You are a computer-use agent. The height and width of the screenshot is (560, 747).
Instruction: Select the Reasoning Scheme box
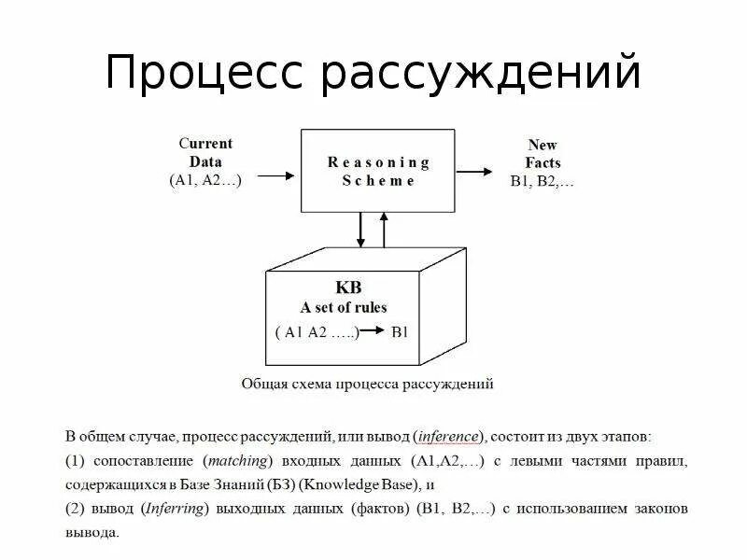tap(377, 171)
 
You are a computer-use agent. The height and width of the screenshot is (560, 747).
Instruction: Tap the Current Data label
tap(205, 152)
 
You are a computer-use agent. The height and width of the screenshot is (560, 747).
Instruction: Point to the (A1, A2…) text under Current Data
tap(205, 181)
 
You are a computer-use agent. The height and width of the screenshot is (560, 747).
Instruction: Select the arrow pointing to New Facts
tap(474, 171)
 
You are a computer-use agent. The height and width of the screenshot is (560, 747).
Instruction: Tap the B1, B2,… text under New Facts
tap(543, 181)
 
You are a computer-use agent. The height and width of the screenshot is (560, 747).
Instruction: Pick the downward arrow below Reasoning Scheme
tap(360, 230)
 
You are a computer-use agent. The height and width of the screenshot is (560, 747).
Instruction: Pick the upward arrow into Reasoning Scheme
tap(382, 230)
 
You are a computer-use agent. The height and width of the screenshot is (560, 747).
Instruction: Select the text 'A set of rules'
tap(344, 307)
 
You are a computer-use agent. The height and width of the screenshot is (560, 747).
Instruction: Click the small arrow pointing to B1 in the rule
tap(373, 331)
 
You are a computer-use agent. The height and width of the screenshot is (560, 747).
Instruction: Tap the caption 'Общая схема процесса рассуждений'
tap(367, 384)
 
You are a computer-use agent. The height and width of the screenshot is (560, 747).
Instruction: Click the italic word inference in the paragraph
tap(448, 437)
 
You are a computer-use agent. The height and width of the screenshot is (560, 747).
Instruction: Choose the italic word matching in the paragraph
tap(233, 461)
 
